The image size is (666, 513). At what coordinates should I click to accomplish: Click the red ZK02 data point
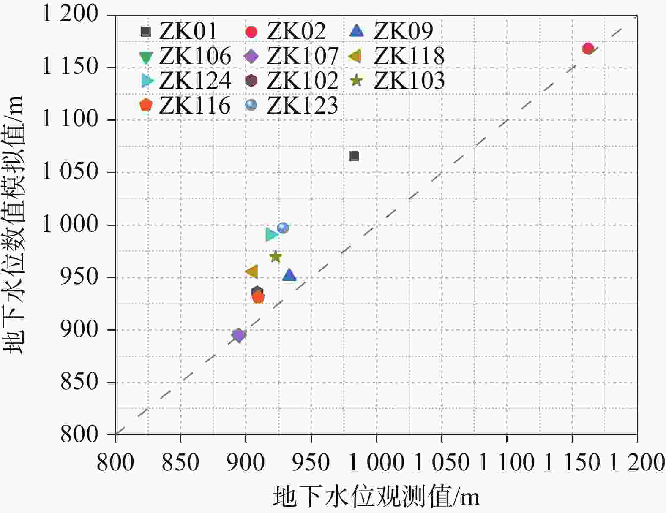point(588,49)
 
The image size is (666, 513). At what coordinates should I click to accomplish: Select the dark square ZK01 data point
point(354,156)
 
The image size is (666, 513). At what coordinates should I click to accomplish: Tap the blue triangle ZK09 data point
point(289,275)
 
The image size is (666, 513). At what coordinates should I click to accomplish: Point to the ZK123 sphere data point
point(283,228)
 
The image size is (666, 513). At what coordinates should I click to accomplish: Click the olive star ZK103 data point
point(276,256)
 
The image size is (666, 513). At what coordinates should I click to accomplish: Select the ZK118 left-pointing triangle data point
point(252,272)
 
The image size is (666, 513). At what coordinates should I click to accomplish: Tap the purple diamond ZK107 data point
point(238,336)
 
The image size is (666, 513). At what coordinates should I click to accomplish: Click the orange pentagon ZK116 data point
point(258,298)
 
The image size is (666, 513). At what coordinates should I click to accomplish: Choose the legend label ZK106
point(195,56)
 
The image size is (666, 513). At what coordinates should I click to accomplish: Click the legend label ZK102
point(303,80)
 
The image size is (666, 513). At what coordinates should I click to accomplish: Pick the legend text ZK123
point(303,105)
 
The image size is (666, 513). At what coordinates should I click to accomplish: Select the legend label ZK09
point(404,31)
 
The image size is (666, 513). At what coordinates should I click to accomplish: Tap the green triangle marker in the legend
point(146,57)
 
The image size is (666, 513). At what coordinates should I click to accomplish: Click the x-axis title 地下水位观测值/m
point(376,497)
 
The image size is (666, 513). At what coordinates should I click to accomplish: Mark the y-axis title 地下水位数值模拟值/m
point(14,224)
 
